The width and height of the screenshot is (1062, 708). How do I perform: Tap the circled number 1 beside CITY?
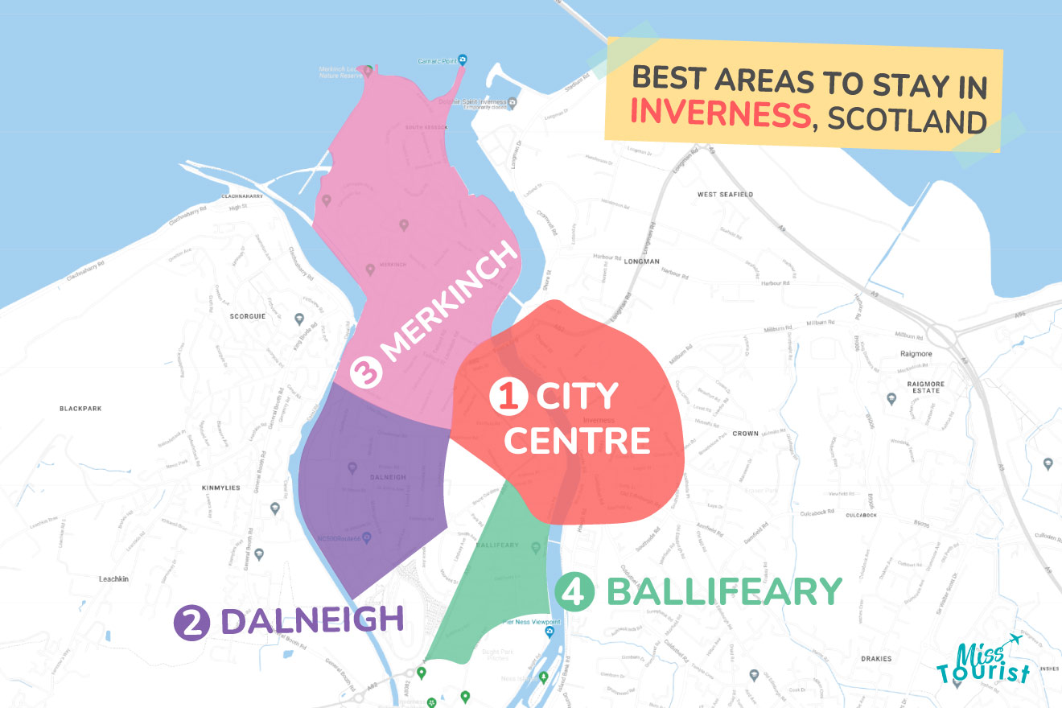coord(507,397)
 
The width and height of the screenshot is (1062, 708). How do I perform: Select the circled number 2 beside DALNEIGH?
coord(191,623)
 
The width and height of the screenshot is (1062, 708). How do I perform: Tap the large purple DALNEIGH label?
coord(311,621)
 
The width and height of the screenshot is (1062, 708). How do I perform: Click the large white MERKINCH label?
coord(447,314)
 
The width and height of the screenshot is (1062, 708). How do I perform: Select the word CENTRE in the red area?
coord(580,440)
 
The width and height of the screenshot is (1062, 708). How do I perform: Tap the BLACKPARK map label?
coord(83,409)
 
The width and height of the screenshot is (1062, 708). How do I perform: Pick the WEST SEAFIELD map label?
coord(725,195)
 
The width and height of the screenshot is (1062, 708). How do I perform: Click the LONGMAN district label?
coord(641,261)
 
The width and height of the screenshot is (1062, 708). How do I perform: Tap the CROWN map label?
coord(745,434)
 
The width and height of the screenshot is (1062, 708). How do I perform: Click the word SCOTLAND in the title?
coord(907,121)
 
